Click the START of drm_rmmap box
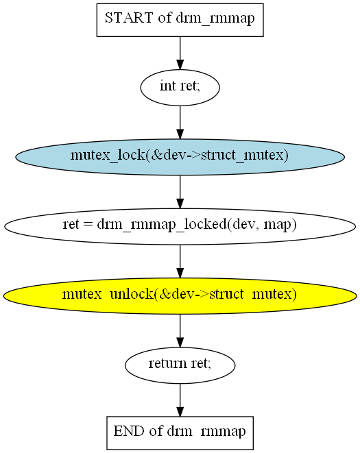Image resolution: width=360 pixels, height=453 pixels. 180,20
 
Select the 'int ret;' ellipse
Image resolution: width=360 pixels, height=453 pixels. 180,88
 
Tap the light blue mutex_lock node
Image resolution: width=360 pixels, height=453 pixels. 180,157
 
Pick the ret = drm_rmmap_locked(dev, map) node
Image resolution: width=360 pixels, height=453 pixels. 180,226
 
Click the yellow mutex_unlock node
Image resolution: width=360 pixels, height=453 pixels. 180,296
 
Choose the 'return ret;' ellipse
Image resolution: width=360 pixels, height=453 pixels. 180,365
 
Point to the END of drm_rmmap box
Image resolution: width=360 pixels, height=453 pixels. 180,432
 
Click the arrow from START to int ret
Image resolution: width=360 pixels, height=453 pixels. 180,53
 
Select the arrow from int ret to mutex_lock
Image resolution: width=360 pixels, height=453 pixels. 180,123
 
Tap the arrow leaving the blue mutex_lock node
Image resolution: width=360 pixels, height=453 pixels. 180,192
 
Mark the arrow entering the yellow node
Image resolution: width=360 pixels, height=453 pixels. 180,262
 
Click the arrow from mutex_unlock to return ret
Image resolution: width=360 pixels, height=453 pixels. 180,331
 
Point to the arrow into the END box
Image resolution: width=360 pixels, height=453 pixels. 180,400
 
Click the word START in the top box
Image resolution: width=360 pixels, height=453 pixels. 129,18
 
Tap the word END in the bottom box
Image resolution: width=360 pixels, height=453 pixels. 129,431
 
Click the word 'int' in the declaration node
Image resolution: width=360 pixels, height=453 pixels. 168,86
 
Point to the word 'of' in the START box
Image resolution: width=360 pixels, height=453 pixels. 165,18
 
